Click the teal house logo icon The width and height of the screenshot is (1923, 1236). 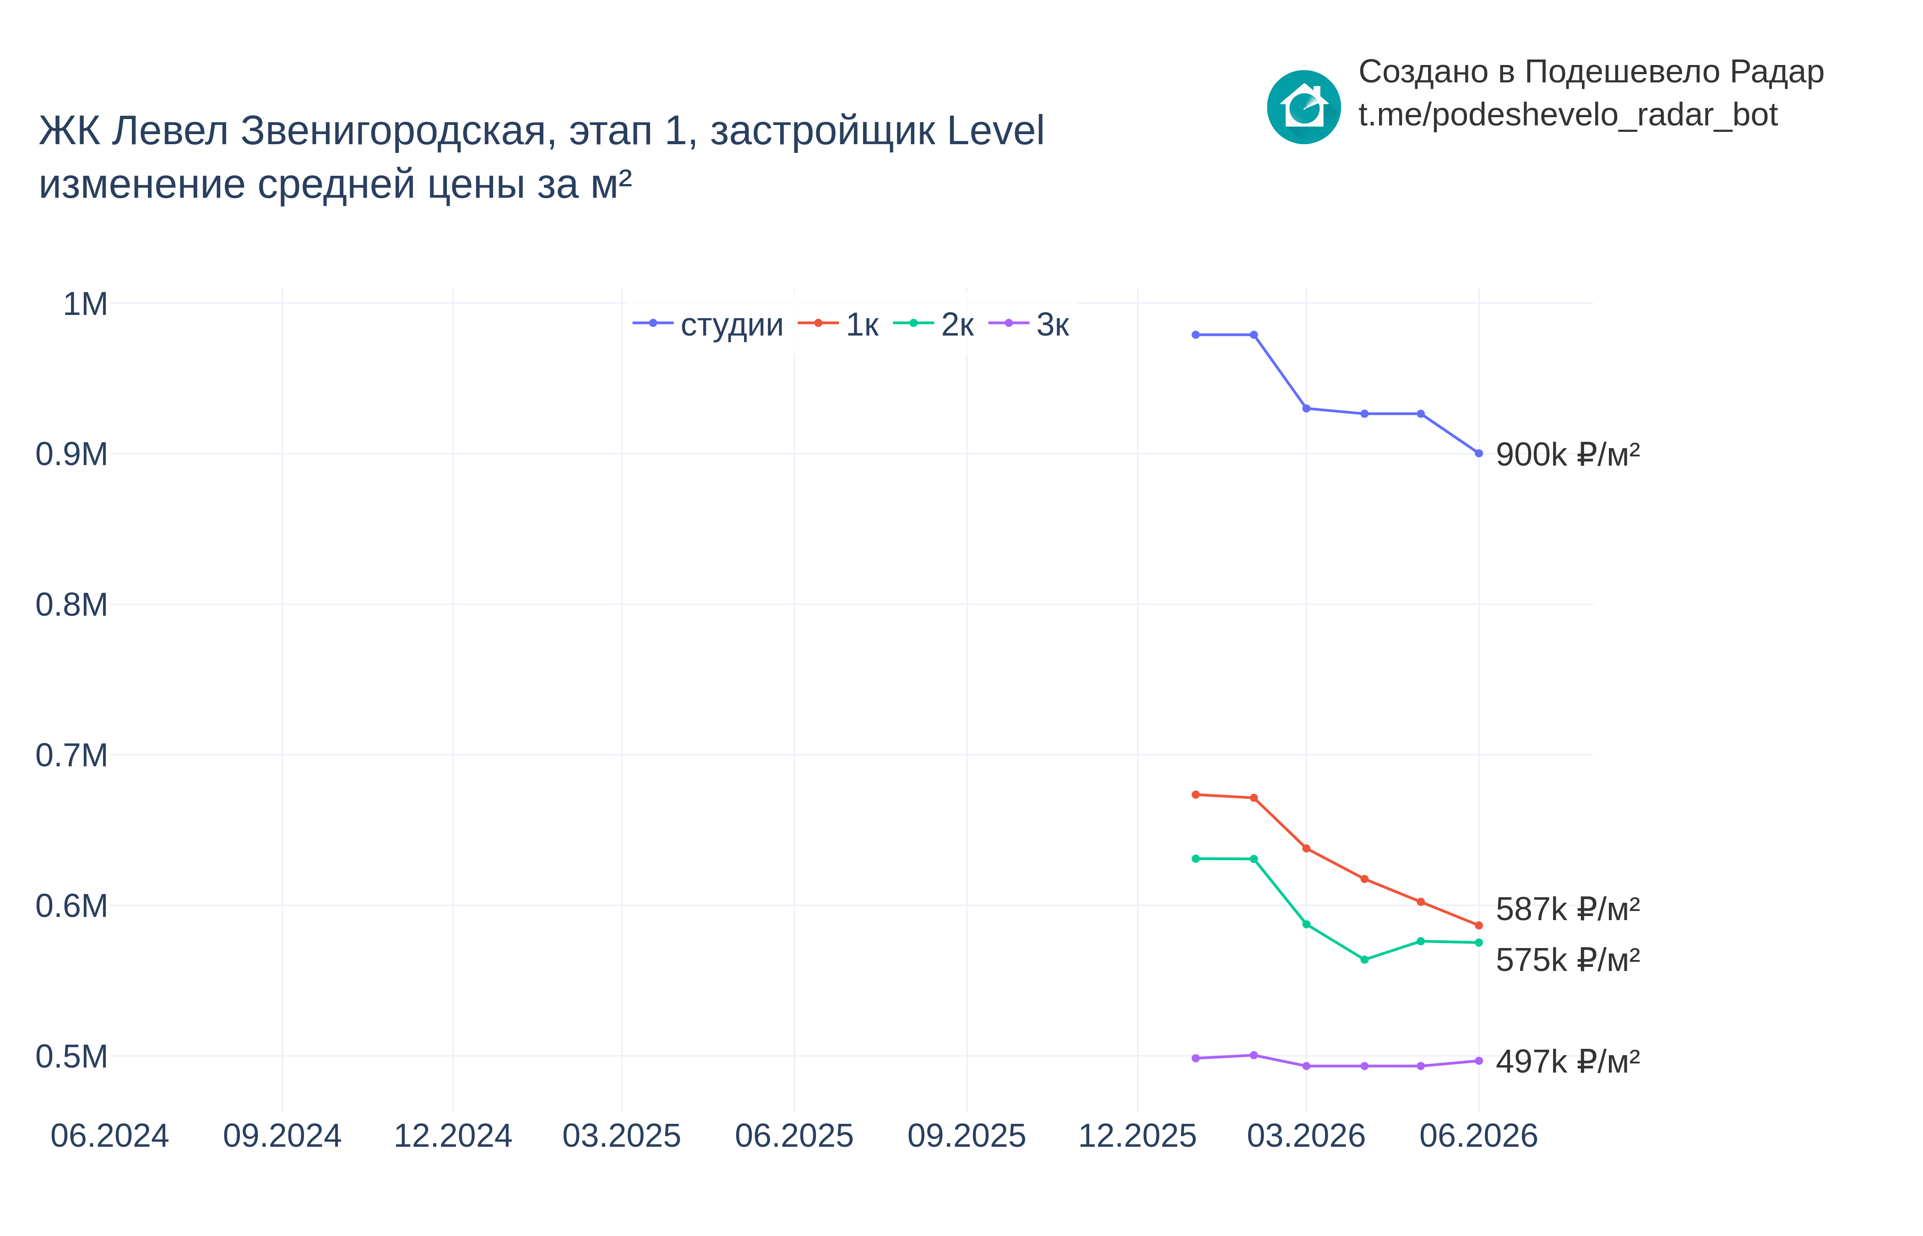click(x=1304, y=107)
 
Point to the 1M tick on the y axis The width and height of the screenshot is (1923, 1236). click(x=85, y=304)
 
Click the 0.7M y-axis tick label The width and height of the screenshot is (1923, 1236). click(x=71, y=755)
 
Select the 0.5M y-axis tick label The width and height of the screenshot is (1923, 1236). click(x=71, y=1056)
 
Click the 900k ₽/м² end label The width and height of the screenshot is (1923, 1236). click(x=1567, y=454)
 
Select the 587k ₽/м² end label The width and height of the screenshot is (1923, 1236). click(x=1567, y=909)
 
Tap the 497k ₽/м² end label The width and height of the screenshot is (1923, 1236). click(x=1567, y=1061)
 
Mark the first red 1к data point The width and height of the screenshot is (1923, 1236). click(x=1196, y=795)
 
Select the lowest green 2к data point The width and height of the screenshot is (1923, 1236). click(x=1364, y=959)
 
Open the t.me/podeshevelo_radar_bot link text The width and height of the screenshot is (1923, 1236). click(x=1567, y=115)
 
